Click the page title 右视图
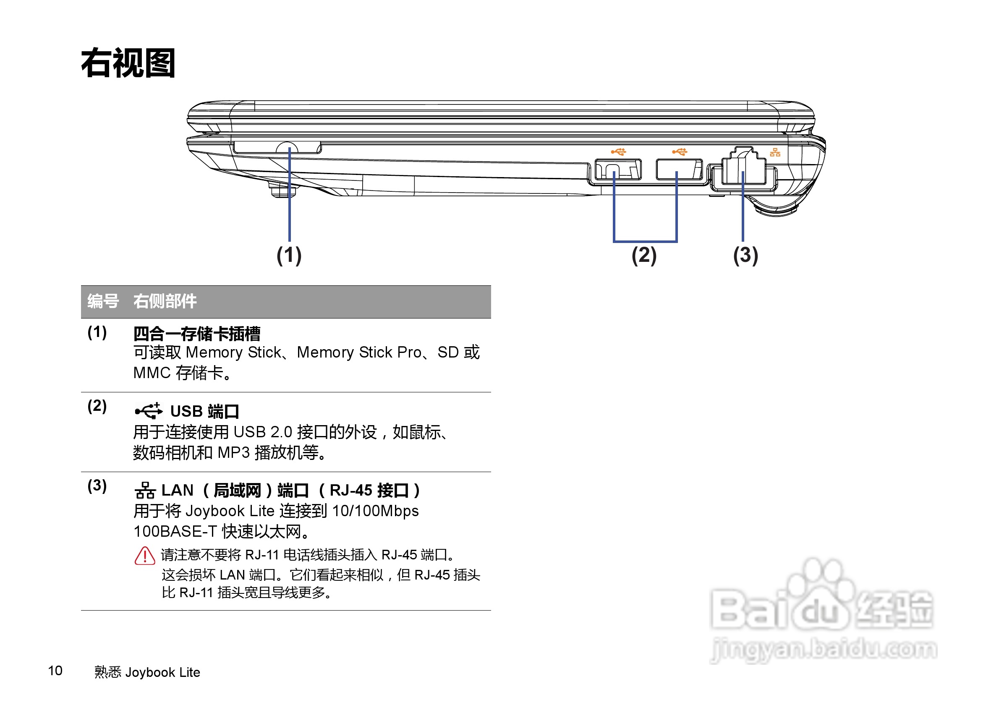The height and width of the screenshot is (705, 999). tap(128, 63)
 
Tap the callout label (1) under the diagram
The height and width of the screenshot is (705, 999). tap(289, 255)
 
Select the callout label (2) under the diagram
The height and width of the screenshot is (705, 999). tap(644, 255)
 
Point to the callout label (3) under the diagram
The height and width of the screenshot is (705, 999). tap(745, 255)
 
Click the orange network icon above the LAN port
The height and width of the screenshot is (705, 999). tap(775, 152)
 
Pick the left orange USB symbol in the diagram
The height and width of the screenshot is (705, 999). tap(618, 151)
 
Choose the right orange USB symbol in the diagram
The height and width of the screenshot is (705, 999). tap(679, 151)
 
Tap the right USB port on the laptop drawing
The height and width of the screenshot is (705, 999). tap(679, 169)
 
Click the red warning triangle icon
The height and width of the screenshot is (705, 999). tap(145, 556)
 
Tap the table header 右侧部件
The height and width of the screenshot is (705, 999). tap(165, 301)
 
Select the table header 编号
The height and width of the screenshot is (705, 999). tap(103, 301)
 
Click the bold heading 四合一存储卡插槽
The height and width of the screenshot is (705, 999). tap(197, 334)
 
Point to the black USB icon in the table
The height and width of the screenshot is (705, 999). tap(148, 410)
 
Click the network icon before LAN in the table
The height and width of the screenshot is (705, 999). tap(145, 491)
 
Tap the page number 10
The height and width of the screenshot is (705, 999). tap(55, 671)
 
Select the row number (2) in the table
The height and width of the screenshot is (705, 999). tap(97, 406)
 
